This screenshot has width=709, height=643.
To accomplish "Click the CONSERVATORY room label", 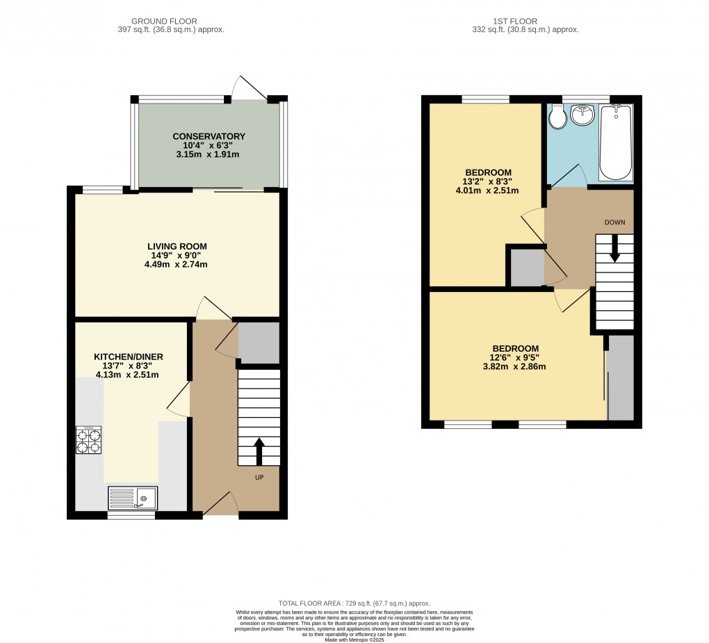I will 209,136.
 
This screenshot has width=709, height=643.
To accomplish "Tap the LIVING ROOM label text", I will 177,246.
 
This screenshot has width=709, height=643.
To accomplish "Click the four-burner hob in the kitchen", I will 89,441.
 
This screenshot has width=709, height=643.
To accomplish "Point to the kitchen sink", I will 133,498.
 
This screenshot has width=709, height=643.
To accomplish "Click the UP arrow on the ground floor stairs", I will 259,450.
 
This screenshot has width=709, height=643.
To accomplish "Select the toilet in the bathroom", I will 557,119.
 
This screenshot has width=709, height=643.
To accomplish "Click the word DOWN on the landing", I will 614,223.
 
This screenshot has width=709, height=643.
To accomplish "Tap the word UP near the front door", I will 259,478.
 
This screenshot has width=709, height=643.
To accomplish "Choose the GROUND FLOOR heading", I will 156,21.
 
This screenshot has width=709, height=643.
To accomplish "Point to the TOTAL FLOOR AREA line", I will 354,603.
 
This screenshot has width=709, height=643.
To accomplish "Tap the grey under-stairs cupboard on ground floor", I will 259,342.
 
